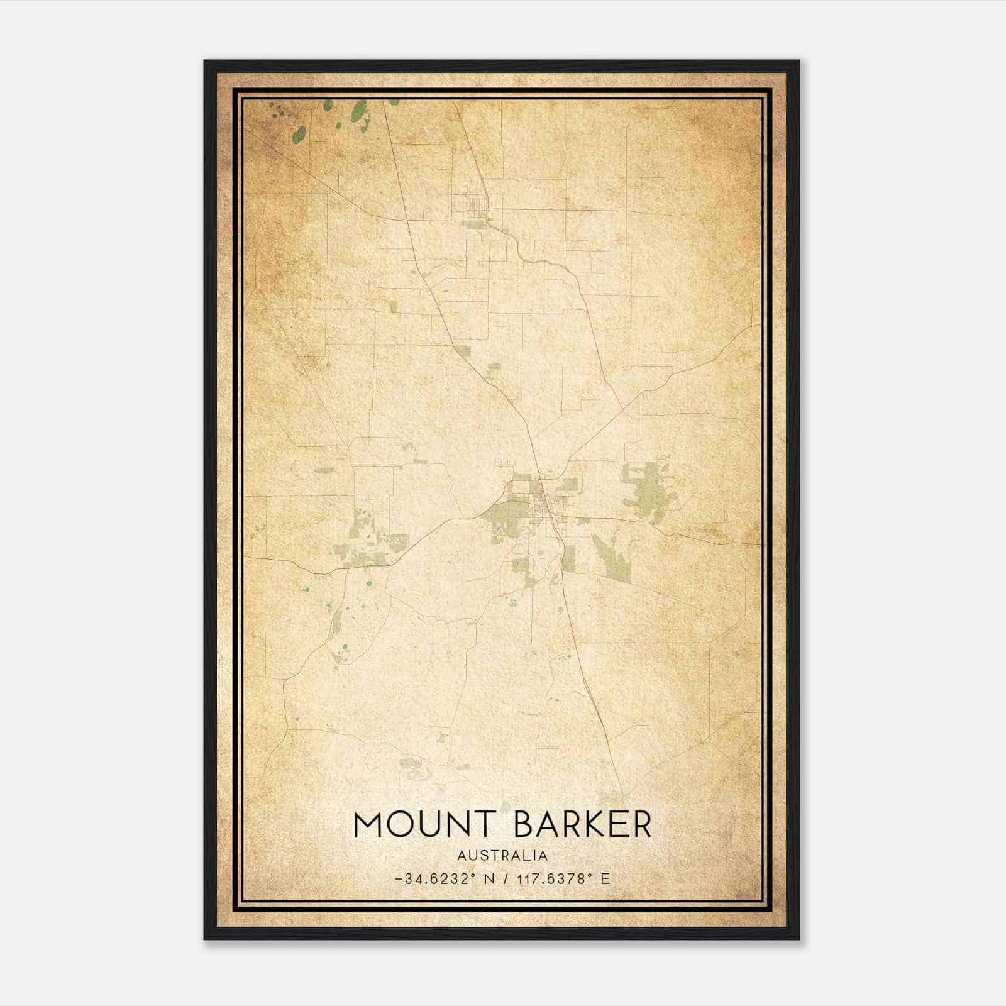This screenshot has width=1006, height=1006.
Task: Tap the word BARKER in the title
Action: (583, 824)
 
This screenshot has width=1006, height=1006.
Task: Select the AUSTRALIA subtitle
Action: (502, 856)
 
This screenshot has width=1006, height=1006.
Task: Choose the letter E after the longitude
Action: (605, 879)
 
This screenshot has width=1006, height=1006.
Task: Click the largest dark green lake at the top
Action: (359, 111)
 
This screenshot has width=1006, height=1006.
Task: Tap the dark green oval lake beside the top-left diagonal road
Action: (301, 133)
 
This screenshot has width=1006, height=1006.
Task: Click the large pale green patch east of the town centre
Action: (644, 490)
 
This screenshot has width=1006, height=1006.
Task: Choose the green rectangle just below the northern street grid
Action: (475, 224)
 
